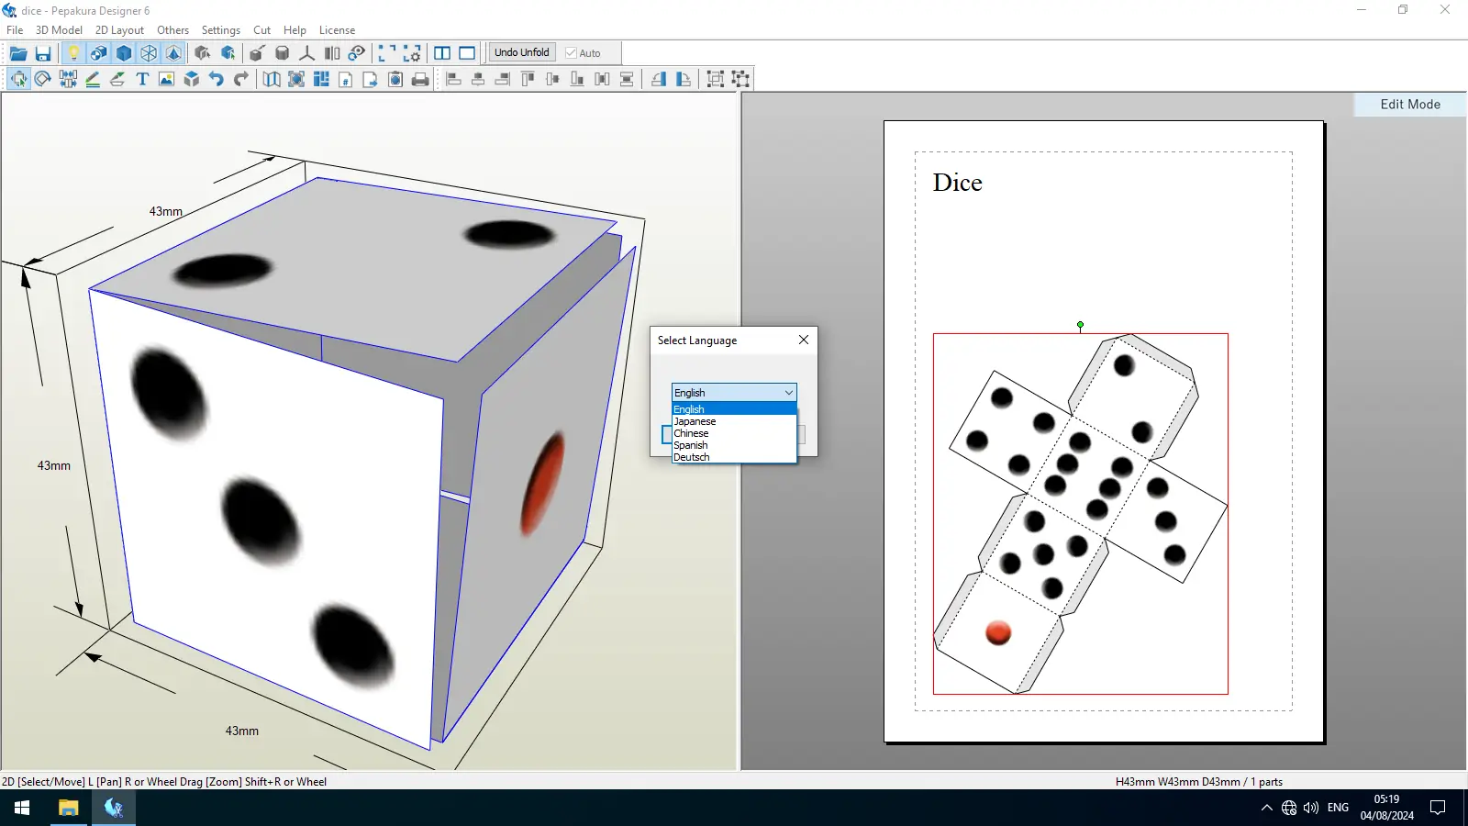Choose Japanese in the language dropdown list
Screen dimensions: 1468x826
(695, 421)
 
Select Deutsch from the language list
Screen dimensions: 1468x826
(692, 457)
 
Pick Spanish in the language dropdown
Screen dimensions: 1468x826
(691, 445)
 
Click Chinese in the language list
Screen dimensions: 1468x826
(691, 433)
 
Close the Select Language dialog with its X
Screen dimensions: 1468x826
(804, 340)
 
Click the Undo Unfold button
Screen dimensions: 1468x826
(522, 52)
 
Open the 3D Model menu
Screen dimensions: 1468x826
(59, 30)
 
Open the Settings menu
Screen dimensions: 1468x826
(221, 30)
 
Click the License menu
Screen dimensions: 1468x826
(337, 30)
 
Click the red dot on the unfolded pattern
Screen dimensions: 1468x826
(998, 632)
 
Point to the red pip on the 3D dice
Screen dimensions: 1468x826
(542, 482)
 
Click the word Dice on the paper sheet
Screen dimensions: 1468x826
(958, 183)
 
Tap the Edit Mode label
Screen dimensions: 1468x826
(1410, 105)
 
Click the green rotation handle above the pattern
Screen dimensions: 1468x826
(1080, 325)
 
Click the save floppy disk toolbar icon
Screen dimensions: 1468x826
(43, 53)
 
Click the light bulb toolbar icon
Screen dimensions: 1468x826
(73, 53)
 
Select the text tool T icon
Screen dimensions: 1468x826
(142, 79)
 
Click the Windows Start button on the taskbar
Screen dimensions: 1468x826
(22, 807)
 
